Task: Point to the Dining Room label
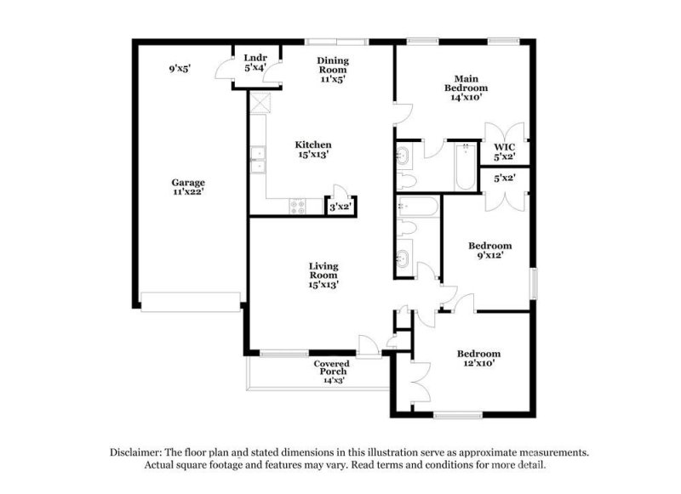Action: (x=333, y=65)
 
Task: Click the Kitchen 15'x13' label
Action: (x=313, y=150)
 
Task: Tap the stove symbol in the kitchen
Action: (x=299, y=204)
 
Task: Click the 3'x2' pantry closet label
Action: (x=340, y=206)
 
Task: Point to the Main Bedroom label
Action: (x=466, y=88)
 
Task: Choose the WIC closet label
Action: (x=506, y=151)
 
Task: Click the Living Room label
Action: (x=323, y=275)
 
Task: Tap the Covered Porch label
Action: (x=331, y=368)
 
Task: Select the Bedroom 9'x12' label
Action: (x=490, y=251)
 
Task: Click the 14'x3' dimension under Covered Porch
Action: (x=332, y=381)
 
